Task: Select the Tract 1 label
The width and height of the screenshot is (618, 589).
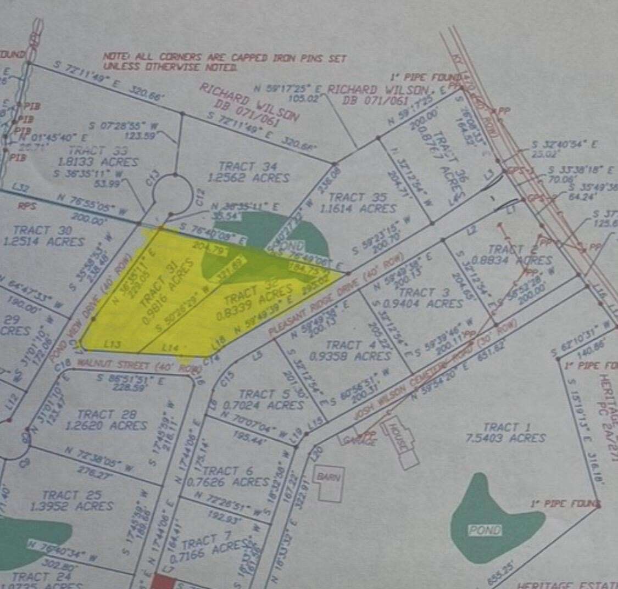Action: tap(500, 427)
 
